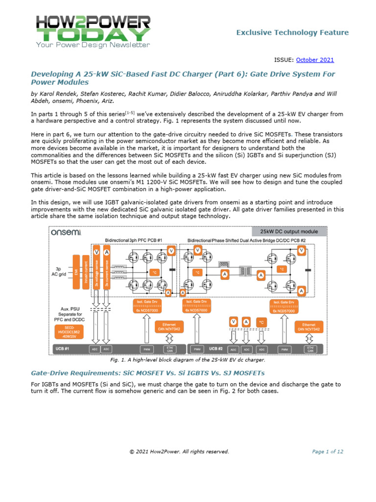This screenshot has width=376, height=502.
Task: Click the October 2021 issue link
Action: [315, 60]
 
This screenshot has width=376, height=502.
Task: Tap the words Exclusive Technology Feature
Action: [292, 32]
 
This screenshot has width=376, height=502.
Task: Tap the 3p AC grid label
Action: [61, 271]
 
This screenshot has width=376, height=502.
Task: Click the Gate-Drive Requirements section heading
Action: [147, 373]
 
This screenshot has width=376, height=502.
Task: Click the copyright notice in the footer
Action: [179, 452]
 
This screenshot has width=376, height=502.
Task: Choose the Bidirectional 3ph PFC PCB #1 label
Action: [134, 240]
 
